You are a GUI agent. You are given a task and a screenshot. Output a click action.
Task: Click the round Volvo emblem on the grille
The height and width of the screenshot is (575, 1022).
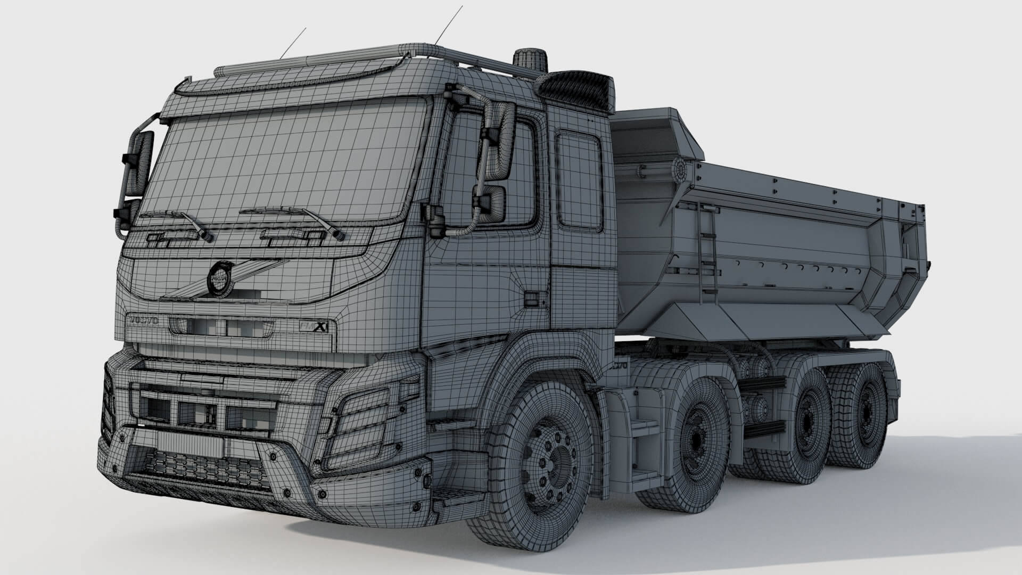click(219, 278)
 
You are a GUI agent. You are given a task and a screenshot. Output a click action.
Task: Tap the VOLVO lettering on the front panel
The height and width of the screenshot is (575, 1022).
click(142, 321)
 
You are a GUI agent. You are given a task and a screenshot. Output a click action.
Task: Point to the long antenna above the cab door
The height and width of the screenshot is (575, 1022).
click(449, 24)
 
